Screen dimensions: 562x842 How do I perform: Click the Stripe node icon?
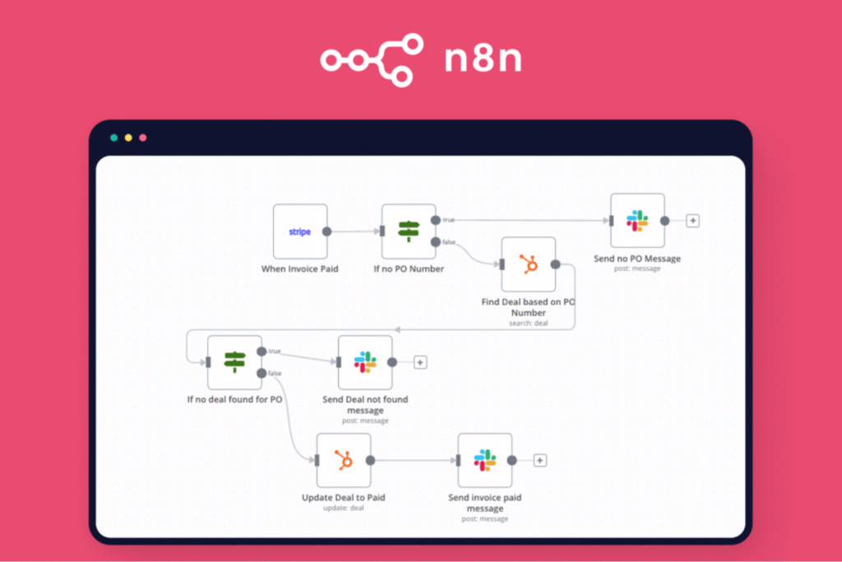tap(300, 232)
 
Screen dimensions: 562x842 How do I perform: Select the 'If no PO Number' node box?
tap(409, 232)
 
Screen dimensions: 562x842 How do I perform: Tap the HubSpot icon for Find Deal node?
tap(528, 264)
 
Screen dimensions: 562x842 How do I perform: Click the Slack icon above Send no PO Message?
tap(637, 221)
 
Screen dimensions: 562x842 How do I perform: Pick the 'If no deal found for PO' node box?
tap(234, 362)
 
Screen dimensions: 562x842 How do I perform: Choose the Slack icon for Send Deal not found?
tap(365, 362)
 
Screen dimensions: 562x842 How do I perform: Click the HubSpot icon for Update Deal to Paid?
tap(344, 461)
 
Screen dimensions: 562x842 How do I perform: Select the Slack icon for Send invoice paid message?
tap(485, 461)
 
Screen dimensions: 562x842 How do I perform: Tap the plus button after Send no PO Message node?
tap(693, 221)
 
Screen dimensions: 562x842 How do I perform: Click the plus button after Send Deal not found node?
tap(420, 362)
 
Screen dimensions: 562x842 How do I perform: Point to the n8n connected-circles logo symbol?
tap(372, 59)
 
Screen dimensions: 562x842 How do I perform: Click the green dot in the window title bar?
tap(113, 137)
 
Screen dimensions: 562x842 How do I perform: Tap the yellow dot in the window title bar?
tap(128, 137)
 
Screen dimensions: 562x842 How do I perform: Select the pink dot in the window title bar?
tap(143, 137)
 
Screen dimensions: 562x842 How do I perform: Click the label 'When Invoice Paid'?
tap(300, 269)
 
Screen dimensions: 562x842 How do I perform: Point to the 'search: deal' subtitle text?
tap(528, 323)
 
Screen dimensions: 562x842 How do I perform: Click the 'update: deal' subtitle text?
tap(344, 508)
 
